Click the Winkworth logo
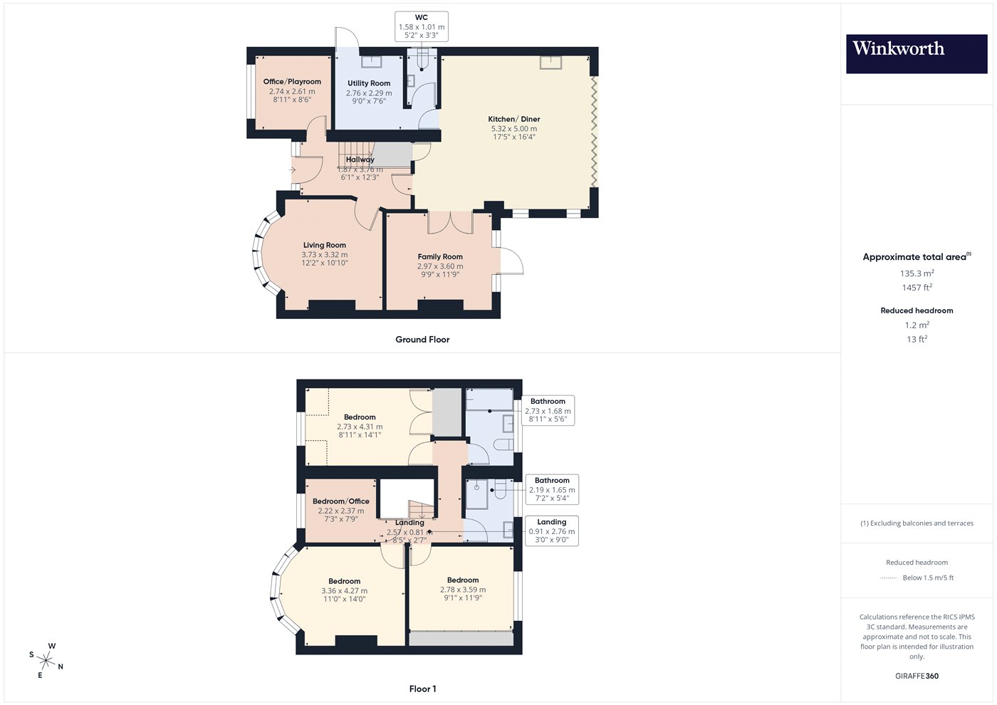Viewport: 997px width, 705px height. pos(917,54)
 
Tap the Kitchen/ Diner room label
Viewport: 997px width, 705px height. pos(514,120)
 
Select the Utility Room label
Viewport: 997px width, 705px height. pos(369,83)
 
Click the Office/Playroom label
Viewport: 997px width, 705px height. pos(292,81)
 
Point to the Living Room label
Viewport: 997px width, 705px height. pos(325,245)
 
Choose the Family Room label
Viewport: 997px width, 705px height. pos(440,257)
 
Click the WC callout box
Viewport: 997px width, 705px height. pos(422,27)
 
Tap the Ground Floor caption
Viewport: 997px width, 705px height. pos(422,340)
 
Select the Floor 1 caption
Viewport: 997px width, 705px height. pos(422,689)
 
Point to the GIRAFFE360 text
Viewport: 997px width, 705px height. pos(917,676)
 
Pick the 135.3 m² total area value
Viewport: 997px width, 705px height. pos(917,273)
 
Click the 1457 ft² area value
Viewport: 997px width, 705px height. pos(917,288)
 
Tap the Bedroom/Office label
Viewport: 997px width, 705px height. pos(341,501)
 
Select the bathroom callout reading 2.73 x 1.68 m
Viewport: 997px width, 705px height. pos(548,410)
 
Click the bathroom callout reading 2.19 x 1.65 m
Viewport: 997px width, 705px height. pos(552,489)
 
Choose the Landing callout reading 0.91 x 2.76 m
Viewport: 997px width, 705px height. pos(551,531)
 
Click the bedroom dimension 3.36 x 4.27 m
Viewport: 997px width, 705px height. pos(345,591)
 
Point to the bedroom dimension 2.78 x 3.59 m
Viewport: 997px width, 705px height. pos(463,590)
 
